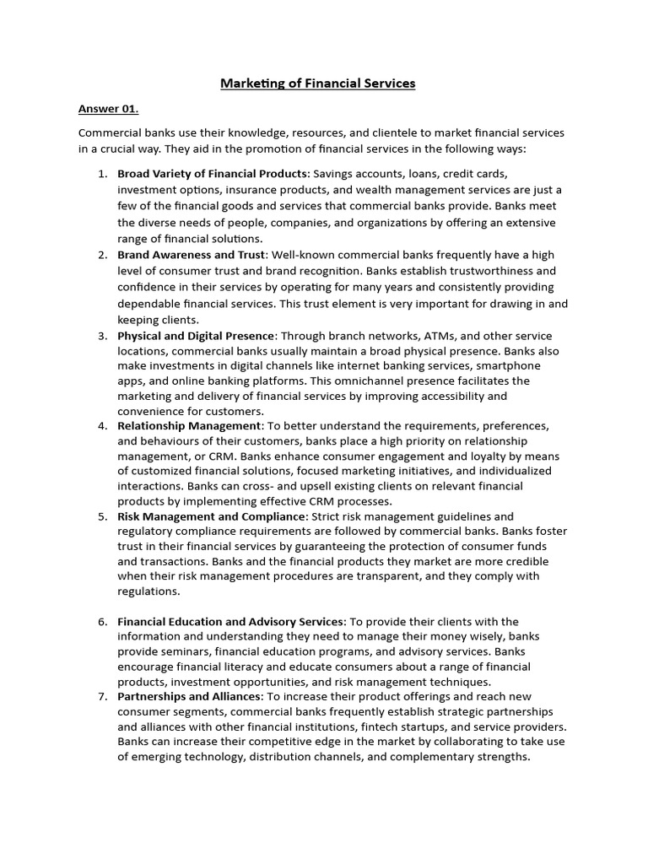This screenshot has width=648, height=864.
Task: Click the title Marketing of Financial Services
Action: point(317,84)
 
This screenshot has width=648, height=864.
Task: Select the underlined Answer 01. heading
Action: point(108,109)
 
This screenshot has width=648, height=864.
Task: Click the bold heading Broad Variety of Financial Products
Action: point(212,174)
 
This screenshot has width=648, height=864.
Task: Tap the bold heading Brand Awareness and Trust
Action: point(192,255)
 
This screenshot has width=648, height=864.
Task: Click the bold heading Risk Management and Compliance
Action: point(211,516)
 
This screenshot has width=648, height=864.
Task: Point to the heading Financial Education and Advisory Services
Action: point(231,622)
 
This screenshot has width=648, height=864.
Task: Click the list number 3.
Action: point(101,336)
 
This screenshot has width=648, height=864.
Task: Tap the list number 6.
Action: point(101,622)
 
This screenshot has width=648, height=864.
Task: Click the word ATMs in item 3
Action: point(414,336)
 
